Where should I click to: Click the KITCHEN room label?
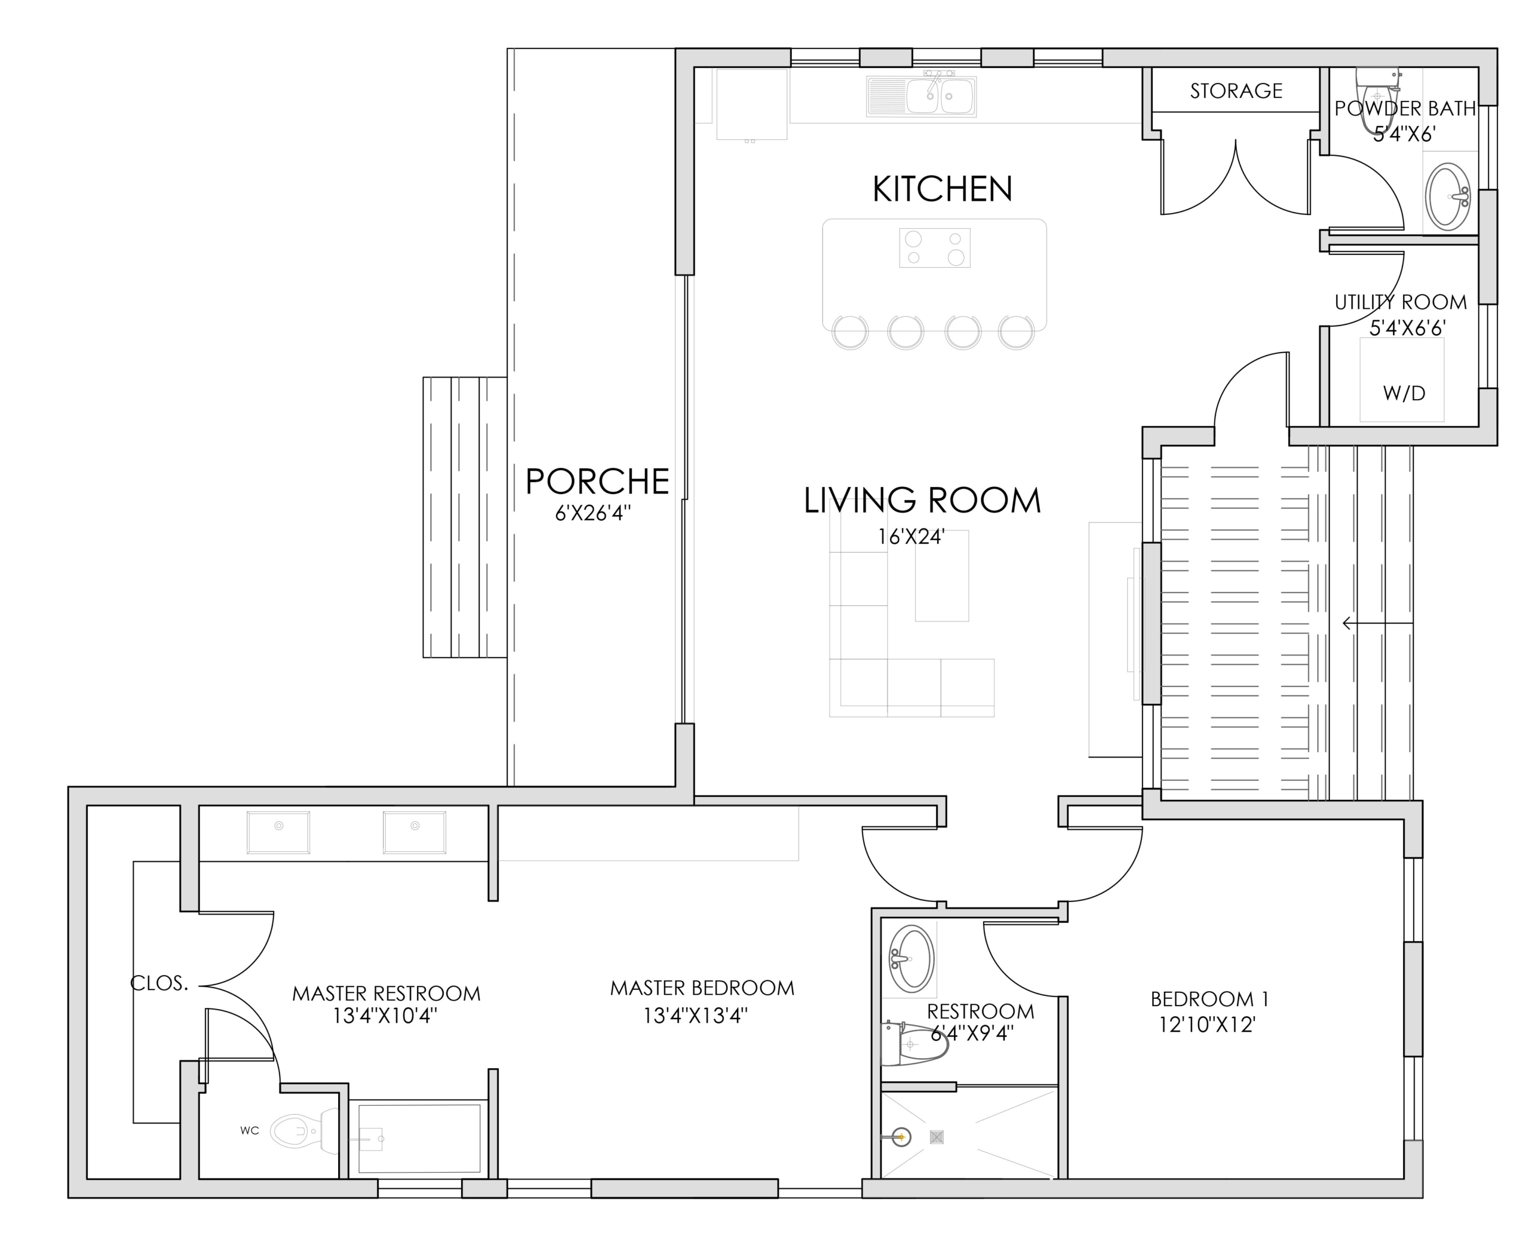coord(942,189)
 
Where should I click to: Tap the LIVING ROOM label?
coord(922,501)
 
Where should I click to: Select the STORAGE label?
coord(1236,91)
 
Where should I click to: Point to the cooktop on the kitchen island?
coord(935,248)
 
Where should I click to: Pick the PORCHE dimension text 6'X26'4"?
coord(592,513)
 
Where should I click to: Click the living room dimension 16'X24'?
coord(911,537)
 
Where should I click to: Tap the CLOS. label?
coord(159,983)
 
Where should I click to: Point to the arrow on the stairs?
coord(1377,623)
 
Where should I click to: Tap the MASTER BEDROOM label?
coord(702,988)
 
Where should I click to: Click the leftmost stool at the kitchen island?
coord(851,332)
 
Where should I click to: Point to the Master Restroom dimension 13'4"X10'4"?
coord(385,1016)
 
